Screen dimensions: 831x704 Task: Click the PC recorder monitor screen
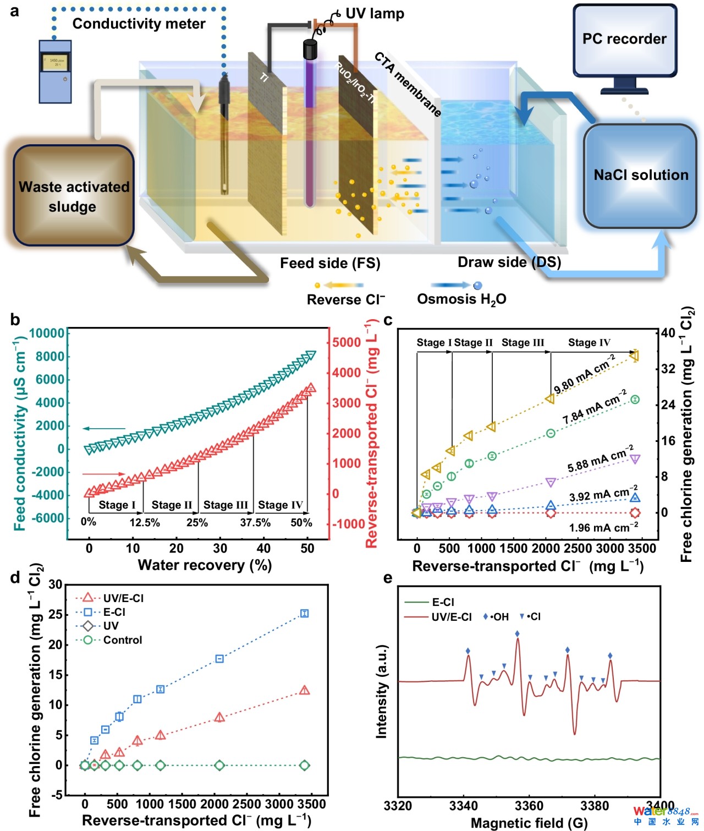click(x=625, y=40)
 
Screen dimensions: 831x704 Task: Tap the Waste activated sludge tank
click(x=73, y=196)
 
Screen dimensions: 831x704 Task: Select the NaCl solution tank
click(x=640, y=176)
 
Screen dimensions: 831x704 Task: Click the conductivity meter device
click(x=55, y=71)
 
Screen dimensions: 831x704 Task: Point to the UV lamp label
click(x=375, y=14)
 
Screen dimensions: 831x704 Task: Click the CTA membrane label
click(x=408, y=84)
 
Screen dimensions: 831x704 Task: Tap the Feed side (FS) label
click(x=330, y=263)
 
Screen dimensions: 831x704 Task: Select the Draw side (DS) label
click(x=509, y=262)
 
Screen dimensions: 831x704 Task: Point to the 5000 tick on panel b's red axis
click(x=346, y=342)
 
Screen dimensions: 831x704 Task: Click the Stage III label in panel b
click(x=226, y=505)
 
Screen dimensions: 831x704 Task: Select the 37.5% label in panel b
click(x=255, y=522)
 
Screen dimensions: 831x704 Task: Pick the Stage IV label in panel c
click(x=589, y=342)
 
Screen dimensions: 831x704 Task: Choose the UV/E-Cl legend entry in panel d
click(x=123, y=598)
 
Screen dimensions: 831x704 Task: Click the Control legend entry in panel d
click(x=122, y=640)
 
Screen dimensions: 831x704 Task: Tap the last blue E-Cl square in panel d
click(x=305, y=613)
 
